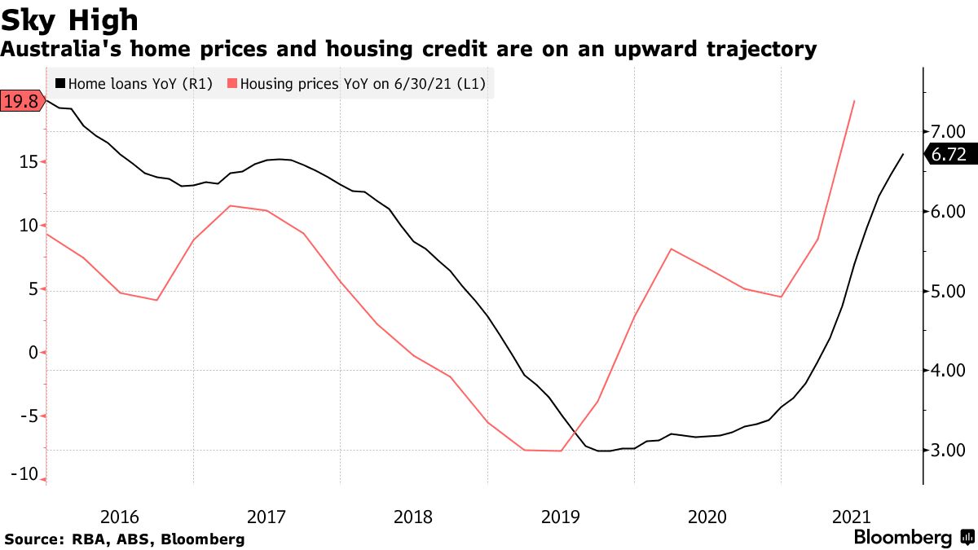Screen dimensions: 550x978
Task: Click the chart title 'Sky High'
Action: coord(69,20)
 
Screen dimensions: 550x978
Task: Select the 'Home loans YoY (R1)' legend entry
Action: coord(134,83)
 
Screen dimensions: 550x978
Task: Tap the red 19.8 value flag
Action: coord(20,101)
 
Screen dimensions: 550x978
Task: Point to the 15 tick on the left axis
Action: coord(28,162)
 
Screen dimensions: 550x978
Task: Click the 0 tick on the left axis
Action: coord(33,352)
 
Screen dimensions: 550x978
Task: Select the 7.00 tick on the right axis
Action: coord(948,131)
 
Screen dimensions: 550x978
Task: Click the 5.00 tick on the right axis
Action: coord(948,291)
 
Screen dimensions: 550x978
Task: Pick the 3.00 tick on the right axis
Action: coord(948,450)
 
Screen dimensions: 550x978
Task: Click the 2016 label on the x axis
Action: coord(119,517)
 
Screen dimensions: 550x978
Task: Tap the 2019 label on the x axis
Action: coord(560,517)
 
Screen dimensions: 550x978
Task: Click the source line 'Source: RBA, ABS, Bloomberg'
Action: coord(124,539)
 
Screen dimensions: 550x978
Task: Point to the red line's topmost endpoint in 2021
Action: coord(853,101)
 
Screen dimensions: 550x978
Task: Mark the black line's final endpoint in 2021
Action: coord(903,154)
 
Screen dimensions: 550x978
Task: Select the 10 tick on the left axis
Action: coord(28,226)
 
